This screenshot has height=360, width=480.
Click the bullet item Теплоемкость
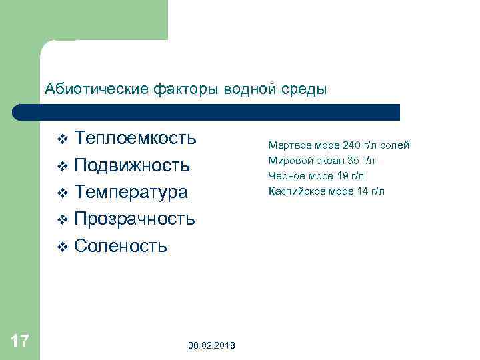click(135, 138)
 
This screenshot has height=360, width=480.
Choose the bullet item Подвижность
click(132, 165)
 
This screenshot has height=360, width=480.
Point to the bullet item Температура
click(131, 192)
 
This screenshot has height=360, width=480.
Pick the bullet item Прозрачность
click(135, 219)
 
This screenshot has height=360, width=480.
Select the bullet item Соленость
click(121, 246)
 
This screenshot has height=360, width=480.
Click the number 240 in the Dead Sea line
click(351, 145)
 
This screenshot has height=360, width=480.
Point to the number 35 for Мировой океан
click(354, 160)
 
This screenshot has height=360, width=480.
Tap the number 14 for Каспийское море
click(363, 191)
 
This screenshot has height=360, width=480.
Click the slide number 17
click(20, 341)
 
